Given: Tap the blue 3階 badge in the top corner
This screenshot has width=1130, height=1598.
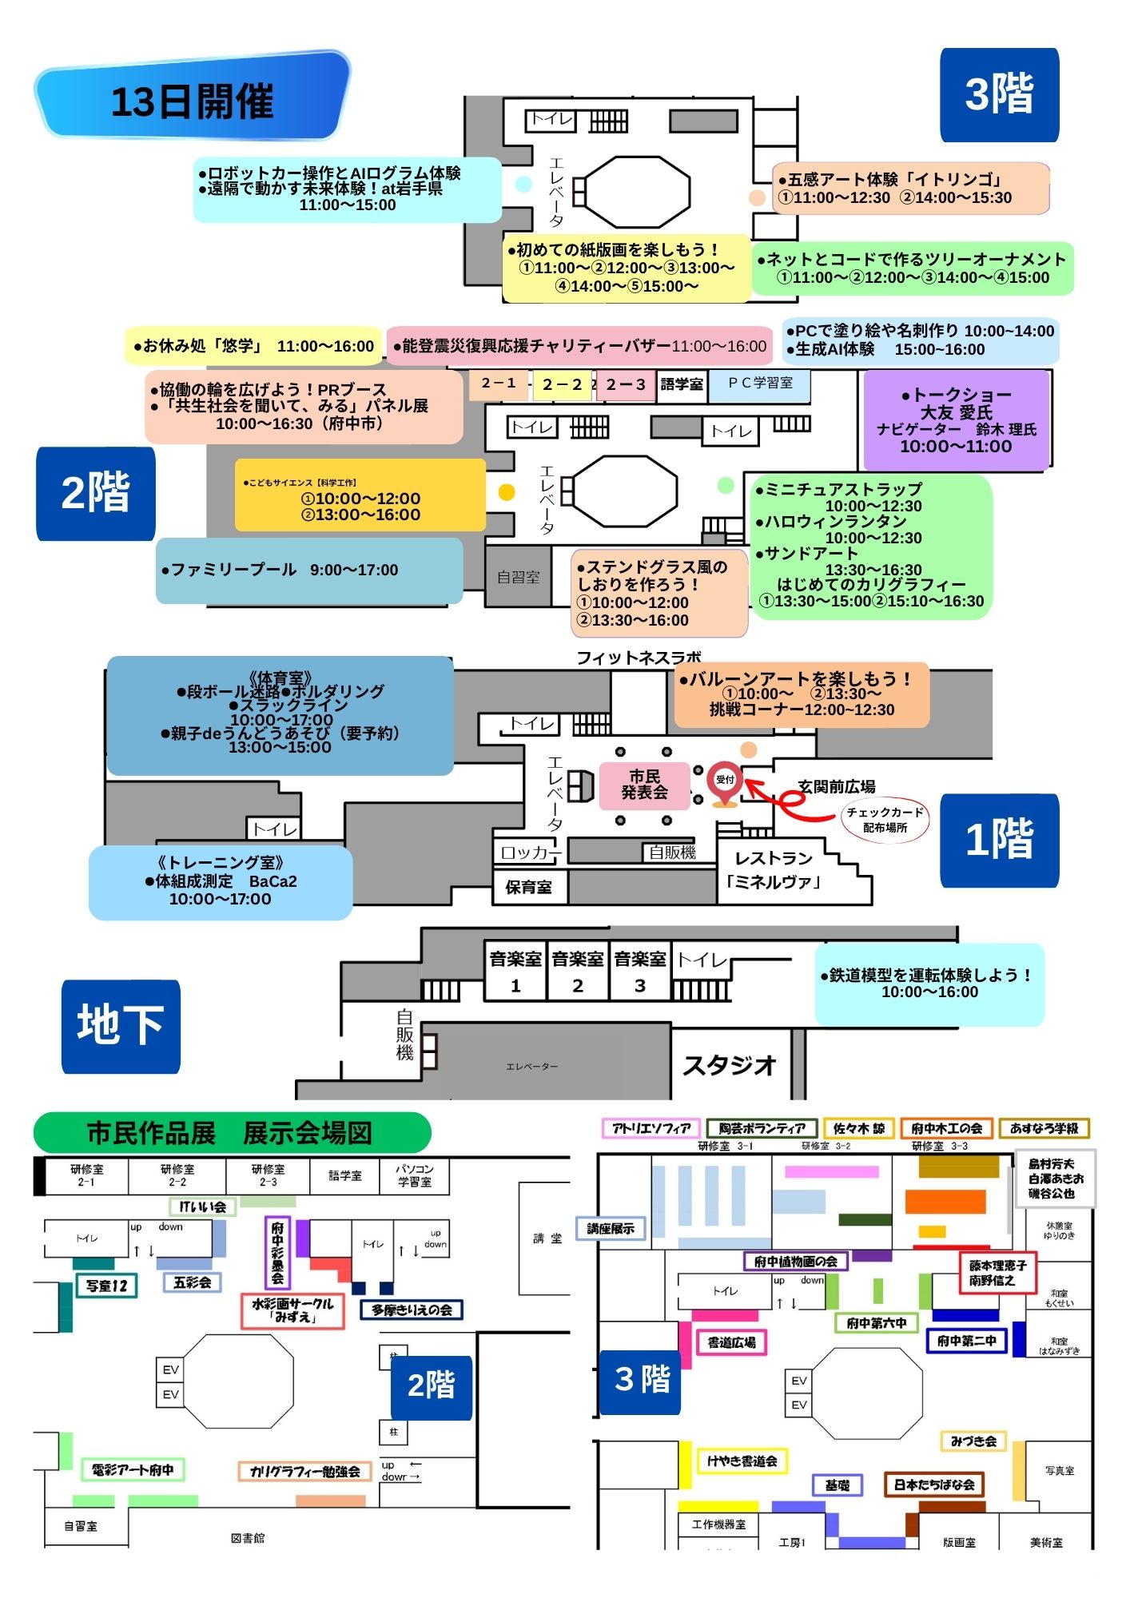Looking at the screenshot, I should click(x=999, y=94).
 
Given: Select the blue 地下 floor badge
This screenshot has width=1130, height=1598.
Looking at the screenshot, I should click(x=121, y=1026).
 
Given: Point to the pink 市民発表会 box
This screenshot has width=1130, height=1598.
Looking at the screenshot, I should click(x=644, y=785).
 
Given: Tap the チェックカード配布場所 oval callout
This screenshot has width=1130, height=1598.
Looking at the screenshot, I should click(x=885, y=820).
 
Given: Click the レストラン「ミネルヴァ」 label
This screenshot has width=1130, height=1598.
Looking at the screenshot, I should click(x=773, y=870).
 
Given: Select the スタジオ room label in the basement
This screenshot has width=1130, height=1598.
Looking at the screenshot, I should click(x=729, y=1064).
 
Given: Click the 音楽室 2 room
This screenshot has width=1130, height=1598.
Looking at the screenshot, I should click(x=578, y=971).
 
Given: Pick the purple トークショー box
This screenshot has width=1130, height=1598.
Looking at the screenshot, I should click(x=956, y=420).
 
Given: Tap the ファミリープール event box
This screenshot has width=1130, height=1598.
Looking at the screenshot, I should click(x=309, y=570).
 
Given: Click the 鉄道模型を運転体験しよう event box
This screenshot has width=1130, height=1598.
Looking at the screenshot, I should click(x=929, y=984).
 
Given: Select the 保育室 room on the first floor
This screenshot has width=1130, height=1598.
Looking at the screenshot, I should click(x=528, y=887).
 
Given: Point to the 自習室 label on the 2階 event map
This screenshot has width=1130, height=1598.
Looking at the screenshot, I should click(x=518, y=577).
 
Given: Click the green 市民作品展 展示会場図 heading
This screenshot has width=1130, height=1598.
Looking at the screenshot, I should click(x=232, y=1133).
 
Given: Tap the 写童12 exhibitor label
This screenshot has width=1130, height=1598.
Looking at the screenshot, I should click(x=107, y=1286).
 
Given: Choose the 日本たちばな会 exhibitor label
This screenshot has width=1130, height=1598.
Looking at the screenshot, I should click(x=933, y=1485).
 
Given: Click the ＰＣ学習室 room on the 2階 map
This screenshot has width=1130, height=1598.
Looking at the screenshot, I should click(x=760, y=384).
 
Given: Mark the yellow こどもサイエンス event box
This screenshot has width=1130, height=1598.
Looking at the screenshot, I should click(x=360, y=495).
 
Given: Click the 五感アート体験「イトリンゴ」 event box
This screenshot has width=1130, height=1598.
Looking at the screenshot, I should click(x=910, y=189).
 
